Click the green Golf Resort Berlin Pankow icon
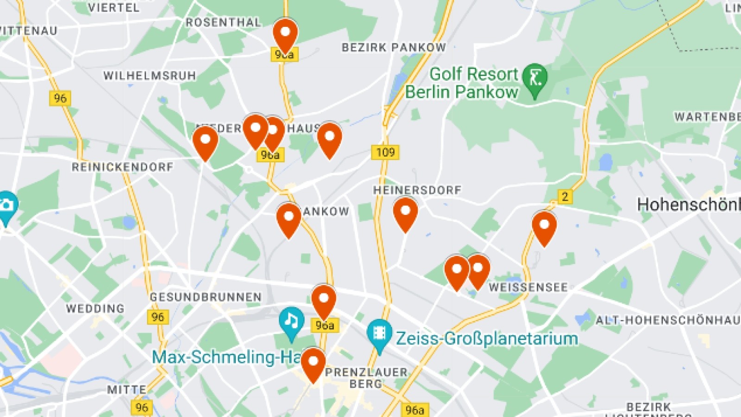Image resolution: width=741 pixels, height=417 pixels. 534,77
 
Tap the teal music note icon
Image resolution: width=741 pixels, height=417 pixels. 291,320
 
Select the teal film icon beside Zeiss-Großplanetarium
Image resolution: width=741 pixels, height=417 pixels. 379,333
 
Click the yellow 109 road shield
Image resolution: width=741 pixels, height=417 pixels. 385,152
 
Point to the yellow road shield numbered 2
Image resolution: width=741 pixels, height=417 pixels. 565,196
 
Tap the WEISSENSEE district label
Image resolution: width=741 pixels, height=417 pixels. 528,287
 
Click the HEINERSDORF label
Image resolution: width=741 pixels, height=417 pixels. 417,190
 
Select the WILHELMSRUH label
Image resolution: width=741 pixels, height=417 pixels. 150,76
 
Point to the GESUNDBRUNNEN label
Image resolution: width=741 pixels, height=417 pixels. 206,297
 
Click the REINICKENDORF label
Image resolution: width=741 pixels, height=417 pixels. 122,167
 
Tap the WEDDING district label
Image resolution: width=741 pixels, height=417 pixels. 95,309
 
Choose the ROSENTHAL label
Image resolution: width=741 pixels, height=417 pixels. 223,22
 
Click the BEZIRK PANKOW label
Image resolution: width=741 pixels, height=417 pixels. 394,47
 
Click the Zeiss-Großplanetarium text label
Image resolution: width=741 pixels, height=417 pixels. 487,339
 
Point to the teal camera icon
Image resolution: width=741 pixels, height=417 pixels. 6,206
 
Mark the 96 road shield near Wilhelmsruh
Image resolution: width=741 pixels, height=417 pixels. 60,98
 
